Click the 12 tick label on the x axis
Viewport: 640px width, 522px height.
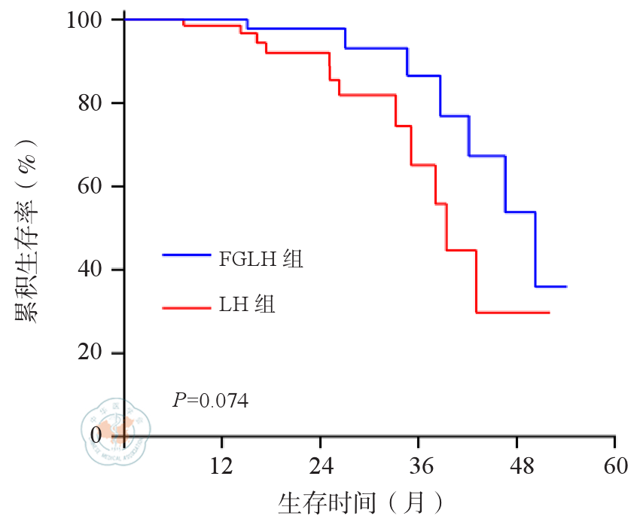[222, 466]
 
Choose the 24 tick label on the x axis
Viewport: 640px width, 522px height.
[321, 466]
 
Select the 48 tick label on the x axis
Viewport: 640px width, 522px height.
[517, 466]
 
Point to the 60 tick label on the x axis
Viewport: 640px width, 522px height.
[615, 466]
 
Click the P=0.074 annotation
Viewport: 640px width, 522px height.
[211, 400]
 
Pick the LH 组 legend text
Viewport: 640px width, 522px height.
[247, 305]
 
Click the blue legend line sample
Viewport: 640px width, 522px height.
[186, 255]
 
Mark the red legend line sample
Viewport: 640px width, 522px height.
[186, 306]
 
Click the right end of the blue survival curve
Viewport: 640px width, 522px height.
[566, 287]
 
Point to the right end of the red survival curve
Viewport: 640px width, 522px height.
[549, 312]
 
